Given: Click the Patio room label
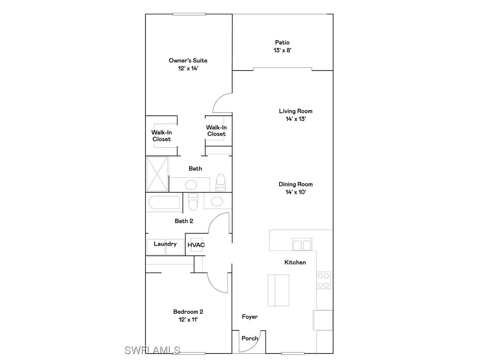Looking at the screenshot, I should click(x=282, y=43).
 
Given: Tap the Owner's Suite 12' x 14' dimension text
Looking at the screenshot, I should click(x=188, y=69).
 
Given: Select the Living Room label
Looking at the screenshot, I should click(x=295, y=111).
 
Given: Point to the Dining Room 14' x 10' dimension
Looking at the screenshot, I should click(x=296, y=192).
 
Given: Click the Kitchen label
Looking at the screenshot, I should click(x=295, y=262).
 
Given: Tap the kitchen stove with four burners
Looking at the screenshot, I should click(x=323, y=280).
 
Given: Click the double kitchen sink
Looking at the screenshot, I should click(x=302, y=245).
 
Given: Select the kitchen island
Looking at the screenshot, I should click(x=278, y=290).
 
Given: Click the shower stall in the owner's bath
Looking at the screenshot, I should click(x=157, y=174).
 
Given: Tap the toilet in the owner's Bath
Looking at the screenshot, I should click(x=221, y=183).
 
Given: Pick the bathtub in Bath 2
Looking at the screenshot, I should click(x=164, y=202).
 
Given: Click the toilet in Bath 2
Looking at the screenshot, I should click(x=193, y=201).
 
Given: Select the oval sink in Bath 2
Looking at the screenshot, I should click(x=217, y=201).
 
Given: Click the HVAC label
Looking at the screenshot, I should click(x=196, y=245).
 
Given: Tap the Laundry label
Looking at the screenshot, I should click(x=165, y=244).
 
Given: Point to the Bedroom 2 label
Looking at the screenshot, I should click(x=188, y=312).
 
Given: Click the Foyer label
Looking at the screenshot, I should click(x=250, y=317).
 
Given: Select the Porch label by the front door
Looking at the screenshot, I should click(x=250, y=338).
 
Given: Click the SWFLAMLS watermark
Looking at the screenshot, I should click(x=152, y=350).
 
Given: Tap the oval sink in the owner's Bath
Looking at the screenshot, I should click(x=191, y=185).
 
